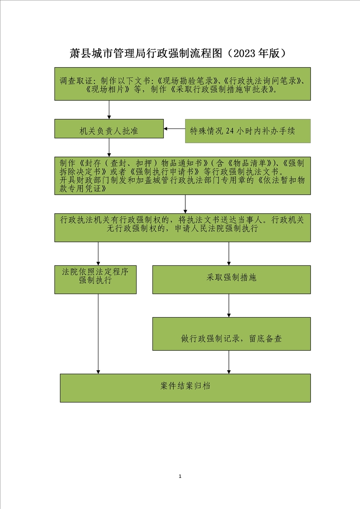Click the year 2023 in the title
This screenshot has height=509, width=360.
point(244,53)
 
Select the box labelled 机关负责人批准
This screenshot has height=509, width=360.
point(109,128)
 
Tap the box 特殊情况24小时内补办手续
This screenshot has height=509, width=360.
point(248,131)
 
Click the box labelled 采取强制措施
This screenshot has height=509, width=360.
point(232,279)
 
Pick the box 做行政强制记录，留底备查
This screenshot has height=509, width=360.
point(232,334)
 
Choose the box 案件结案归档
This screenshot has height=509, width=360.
point(185,388)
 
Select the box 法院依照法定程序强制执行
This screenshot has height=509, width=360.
point(95,279)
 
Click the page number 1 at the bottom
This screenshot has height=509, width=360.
point(180,476)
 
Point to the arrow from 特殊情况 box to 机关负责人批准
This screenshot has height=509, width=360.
point(174,128)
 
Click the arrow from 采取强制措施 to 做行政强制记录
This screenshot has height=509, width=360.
point(229,305)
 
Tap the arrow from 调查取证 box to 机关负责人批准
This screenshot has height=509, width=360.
point(109,110)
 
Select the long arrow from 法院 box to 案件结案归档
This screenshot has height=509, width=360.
point(98,334)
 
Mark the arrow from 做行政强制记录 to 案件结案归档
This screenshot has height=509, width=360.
point(229,362)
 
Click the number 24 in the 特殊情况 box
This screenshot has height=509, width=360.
point(230,131)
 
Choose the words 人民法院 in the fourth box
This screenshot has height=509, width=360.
point(207,229)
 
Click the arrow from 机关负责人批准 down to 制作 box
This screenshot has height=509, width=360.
point(109,147)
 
